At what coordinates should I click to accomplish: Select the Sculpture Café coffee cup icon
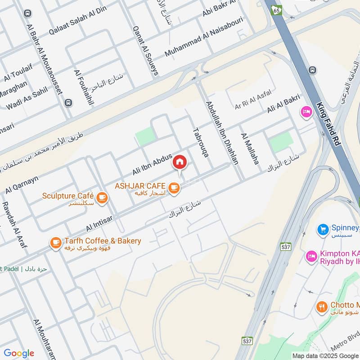coord(102,197)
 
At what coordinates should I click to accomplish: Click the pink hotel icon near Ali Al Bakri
coord(306,112)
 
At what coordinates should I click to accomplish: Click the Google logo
coord(18,353)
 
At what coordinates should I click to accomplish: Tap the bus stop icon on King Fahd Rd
coord(312,70)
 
